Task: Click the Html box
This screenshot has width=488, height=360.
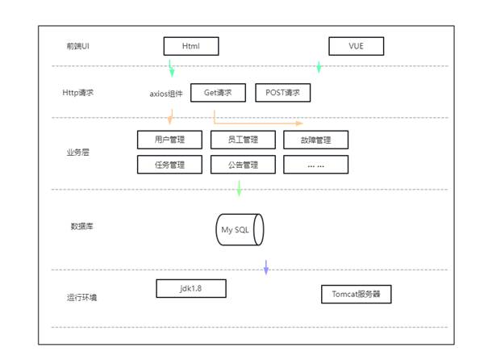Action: [191, 46]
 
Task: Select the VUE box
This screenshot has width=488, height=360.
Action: [356, 46]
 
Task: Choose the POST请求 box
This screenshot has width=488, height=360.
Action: [282, 93]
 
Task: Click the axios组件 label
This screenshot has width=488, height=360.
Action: [165, 94]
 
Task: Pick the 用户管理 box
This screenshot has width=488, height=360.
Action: [169, 140]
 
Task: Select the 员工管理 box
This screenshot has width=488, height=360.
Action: [242, 140]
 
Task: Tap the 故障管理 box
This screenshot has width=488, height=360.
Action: [315, 140]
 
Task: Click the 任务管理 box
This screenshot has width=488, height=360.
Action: [169, 165]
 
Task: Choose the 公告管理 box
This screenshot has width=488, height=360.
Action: [242, 165]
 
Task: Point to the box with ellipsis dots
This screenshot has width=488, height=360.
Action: [315, 165]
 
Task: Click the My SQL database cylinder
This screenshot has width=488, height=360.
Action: [240, 230]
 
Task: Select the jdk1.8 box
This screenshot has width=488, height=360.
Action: [190, 288]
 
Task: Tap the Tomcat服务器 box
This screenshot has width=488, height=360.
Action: [356, 295]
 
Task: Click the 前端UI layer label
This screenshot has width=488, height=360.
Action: [78, 45]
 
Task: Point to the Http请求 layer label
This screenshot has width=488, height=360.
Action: [78, 93]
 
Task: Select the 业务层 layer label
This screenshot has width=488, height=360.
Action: [78, 152]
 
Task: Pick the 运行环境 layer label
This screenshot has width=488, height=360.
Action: [83, 297]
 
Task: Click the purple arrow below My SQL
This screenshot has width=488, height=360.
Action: [266, 268]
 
